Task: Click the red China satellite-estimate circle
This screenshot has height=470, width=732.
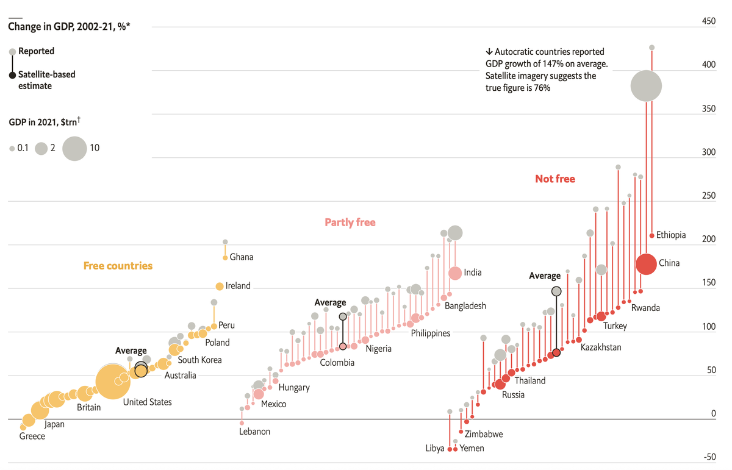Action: [x=646, y=264]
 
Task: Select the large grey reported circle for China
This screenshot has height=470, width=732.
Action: [x=646, y=86]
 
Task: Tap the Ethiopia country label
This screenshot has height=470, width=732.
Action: [x=671, y=235]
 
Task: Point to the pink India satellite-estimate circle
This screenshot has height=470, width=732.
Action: [x=455, y=273]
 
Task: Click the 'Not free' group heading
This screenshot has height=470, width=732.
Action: [x=554, y=179]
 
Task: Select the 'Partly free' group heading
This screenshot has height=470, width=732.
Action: [x=350, y=223]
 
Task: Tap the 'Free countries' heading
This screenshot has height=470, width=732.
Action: [x=118, y=266]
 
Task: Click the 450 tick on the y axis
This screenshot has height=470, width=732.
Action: [x=709, y=21]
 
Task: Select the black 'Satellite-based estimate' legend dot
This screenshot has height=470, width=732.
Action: [x=12, y=75]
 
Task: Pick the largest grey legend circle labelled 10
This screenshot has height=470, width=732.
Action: [x=74, y=148]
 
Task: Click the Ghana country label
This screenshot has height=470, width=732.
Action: [x=242, y=257]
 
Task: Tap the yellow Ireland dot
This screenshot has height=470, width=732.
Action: [x=219, y=287]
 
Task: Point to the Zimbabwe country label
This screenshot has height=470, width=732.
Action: [x=484, y=435]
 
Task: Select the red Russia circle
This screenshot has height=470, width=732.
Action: [x=500, y=384]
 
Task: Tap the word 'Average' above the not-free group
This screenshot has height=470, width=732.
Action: [x=544, y=276]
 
